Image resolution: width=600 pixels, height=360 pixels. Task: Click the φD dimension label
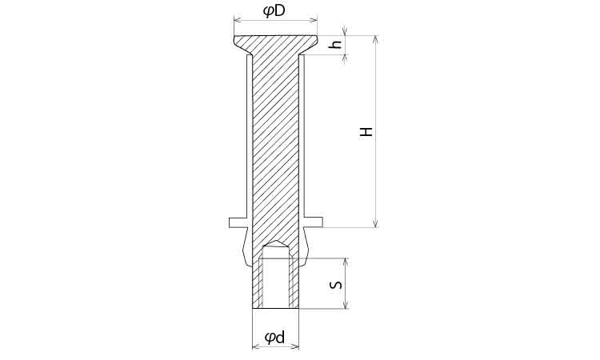[x=274, y=11]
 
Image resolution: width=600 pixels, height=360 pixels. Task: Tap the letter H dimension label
[x=366, y=132]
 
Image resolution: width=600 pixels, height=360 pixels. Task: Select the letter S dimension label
[x=335, y=285]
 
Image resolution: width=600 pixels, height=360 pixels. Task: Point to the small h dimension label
[x=336, y=44]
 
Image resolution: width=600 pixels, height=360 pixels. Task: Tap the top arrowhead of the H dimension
[x=376, y=39]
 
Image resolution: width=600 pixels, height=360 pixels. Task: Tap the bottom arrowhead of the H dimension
[x=376, y=224]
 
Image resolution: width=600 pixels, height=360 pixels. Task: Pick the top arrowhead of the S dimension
[x=346, y=262]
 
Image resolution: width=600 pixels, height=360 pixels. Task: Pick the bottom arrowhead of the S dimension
[x=346, y=305]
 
